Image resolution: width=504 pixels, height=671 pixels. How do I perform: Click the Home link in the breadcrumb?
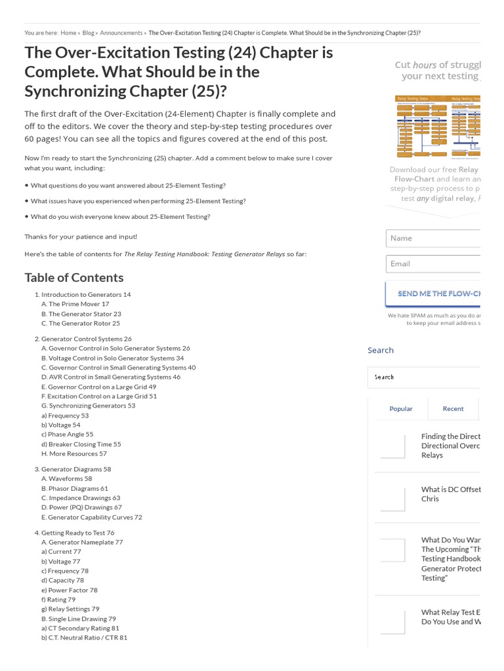68,33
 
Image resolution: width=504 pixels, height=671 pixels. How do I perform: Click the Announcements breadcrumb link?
121,33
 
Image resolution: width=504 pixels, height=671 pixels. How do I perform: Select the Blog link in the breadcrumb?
88,33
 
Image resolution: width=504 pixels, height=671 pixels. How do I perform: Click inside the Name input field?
433,239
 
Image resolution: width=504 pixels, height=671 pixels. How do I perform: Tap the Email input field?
433,264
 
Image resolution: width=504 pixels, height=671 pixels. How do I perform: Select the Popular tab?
401,409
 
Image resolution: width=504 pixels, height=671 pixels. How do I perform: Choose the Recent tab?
453,409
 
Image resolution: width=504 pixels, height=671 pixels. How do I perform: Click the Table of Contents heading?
74,278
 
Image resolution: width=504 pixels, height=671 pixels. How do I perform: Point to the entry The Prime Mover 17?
75,304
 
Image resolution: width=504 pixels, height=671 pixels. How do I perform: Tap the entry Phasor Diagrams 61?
74,489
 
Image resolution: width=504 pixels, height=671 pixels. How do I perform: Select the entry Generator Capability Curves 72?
91,518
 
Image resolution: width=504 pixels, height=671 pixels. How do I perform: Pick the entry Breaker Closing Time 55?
81,444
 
